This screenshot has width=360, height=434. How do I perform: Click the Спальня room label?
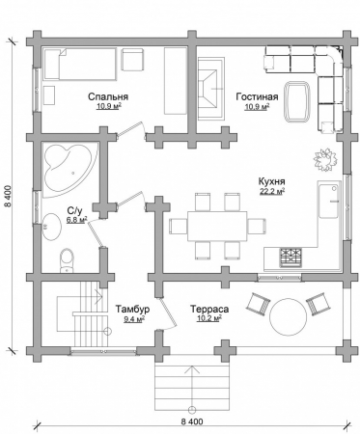(x=108, y=96)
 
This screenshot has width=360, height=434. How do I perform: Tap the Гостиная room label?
(x=257, y=96)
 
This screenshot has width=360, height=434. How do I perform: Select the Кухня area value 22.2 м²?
(x=272, y=191)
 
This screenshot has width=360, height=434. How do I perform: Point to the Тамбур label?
(x=133, y=310)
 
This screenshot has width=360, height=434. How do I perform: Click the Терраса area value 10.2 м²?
(x=209, y=318)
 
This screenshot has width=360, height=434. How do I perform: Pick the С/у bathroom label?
(x=74, y=211)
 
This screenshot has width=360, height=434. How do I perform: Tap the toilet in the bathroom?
(x=67, y=260)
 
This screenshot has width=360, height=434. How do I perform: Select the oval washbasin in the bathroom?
(x=51, y=227)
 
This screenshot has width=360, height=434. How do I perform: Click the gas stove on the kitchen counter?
(x=291, y=258)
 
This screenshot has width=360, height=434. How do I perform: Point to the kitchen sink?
(x=329, y=200)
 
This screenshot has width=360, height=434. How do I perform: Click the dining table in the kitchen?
(x=217, y=226)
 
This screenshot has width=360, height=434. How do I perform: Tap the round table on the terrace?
(x=289, y=316)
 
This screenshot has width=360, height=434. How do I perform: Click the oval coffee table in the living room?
(x=297, y=101)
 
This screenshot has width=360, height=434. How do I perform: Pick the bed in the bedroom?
(x=80, y=64)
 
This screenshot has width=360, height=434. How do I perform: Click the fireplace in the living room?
(x=210, y=89)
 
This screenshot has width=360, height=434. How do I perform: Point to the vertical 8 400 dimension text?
(x=9, y=196)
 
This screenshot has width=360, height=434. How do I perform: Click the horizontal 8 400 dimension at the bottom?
(x=192, y=421)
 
